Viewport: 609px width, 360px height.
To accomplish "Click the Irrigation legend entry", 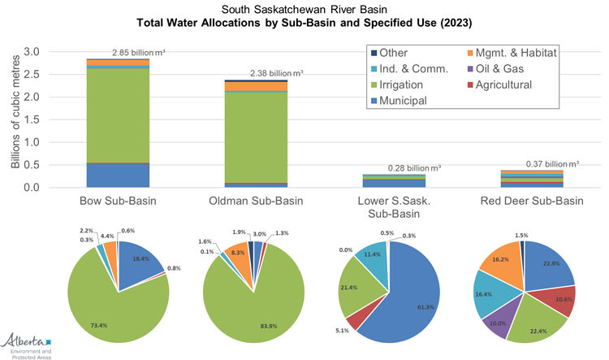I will tap(414, 85).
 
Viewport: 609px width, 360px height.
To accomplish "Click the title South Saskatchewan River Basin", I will tap(304, 8).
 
